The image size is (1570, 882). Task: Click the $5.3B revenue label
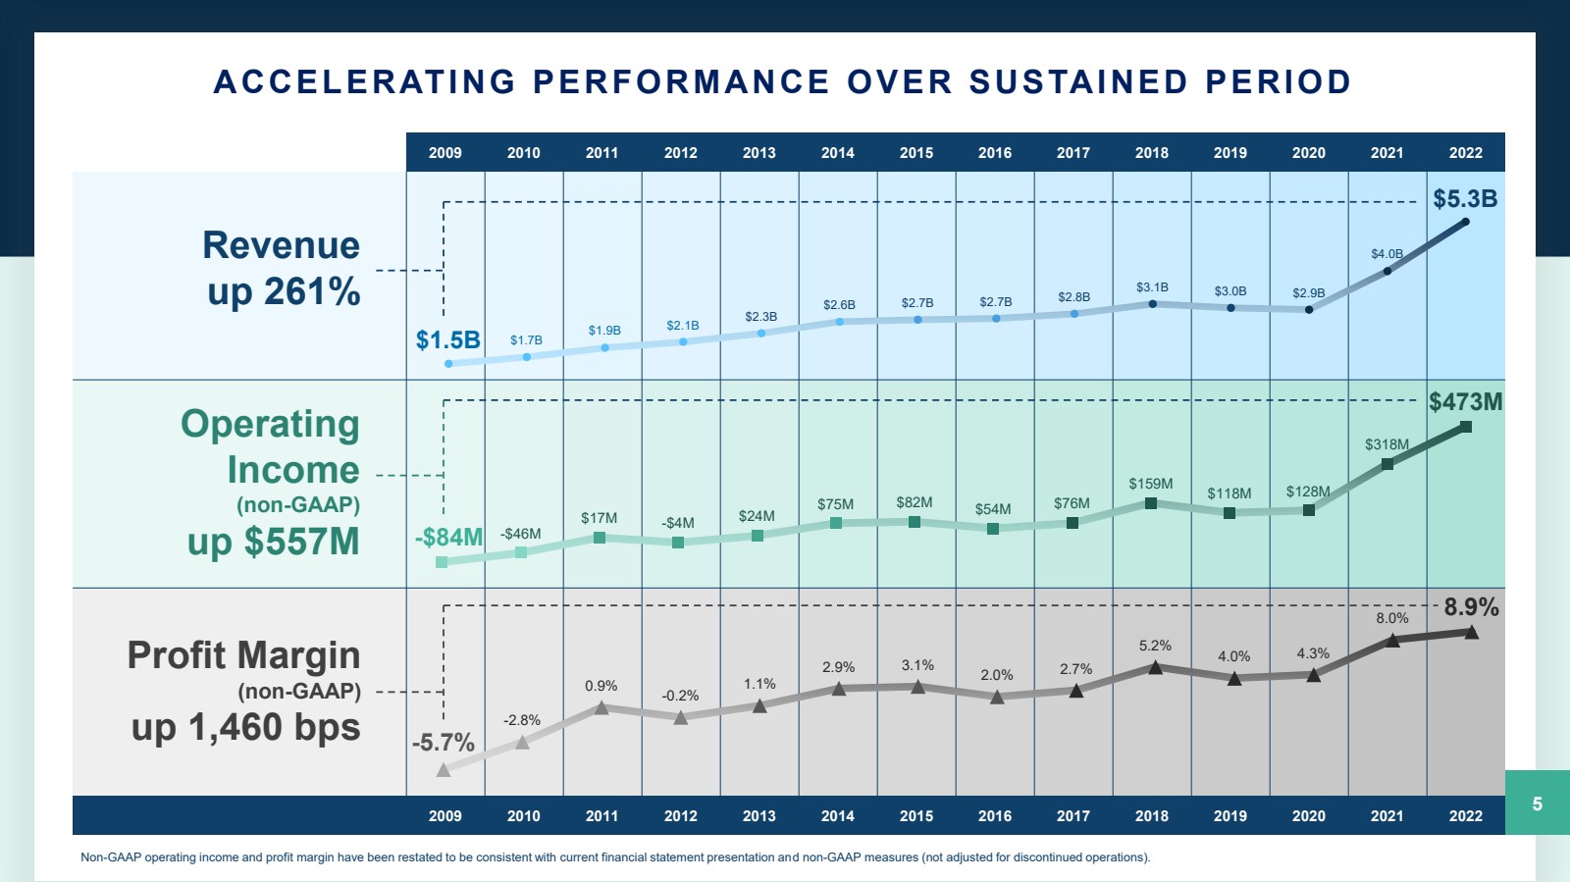1465,199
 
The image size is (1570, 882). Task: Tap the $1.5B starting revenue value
447,340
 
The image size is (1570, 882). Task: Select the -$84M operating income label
448,538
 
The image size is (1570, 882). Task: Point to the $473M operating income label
1465,402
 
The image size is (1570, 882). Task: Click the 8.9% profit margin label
1471,607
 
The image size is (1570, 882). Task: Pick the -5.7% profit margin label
443,743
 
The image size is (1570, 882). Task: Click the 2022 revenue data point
1466,222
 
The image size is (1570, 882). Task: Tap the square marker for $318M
1387,464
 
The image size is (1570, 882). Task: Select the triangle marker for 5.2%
1155,668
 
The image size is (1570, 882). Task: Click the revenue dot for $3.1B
1152,304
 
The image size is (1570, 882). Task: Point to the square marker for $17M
600,538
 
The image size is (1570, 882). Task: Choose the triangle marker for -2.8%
522,743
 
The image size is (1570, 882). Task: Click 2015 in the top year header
916,153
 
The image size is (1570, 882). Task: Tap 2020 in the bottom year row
1308,816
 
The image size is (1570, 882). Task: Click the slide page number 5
1537,804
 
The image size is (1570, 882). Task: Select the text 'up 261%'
284,292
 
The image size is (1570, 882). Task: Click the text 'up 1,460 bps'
245,728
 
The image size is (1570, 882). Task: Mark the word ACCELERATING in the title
364,82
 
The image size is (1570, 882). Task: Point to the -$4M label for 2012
677,523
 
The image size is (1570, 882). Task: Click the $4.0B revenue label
1387,254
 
